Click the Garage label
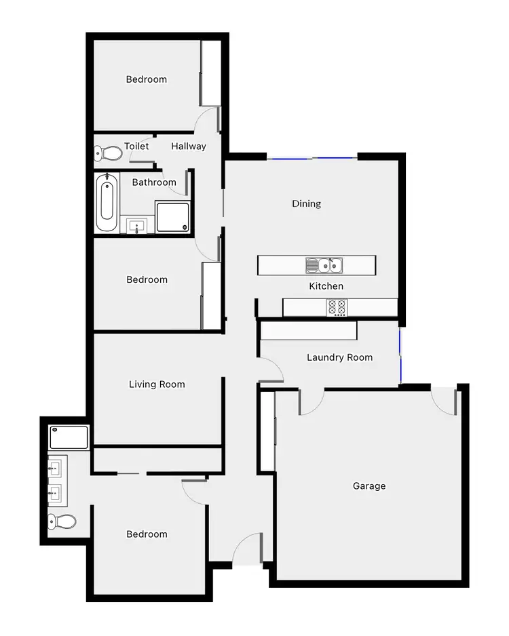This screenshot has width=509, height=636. coord(369,485)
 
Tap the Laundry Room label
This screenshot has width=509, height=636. coord(339,357)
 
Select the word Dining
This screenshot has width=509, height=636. coord(306,203)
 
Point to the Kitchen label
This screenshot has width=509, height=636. coord(326,286)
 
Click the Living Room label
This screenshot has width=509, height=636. coord(157,384)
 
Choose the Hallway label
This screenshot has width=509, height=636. coord(189,146)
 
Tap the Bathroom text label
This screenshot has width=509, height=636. coord(154,182)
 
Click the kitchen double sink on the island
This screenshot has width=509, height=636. coord(324,264)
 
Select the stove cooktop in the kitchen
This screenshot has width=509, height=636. coord(337,307)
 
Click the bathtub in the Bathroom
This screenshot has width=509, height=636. coord(107,201)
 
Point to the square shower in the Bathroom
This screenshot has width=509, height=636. coord(172,216)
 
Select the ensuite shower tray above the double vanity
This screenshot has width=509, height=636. coord(69,437)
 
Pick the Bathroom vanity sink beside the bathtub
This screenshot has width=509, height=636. coord(137,225)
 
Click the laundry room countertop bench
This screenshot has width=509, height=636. coord(309,330)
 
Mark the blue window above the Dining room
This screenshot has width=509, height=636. coord(312,159)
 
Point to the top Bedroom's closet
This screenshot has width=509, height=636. coord(211,73)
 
